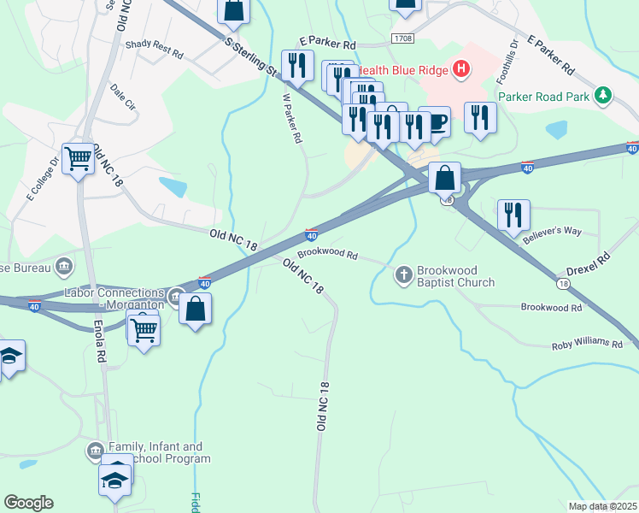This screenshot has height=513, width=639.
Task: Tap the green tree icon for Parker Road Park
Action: click(x=604, y=96)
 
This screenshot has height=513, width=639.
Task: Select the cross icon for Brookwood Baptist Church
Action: click(x=403, y=275)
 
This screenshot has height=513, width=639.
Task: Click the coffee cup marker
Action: click(x=436, y=121)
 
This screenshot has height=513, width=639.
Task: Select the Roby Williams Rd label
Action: click(x=586, y=343)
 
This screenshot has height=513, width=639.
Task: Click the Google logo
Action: click(x=28, y=503)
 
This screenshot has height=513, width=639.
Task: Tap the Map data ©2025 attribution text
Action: click(x=601, y=506)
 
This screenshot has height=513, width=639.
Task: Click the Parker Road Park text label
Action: click(x=543, y=97)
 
